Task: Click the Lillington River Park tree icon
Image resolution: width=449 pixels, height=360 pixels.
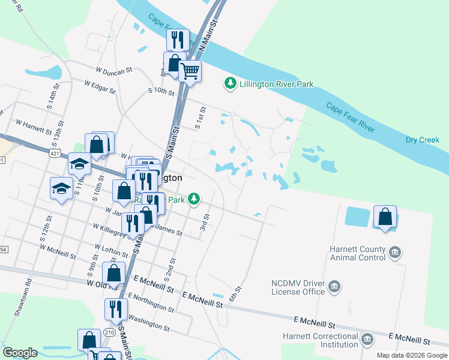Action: point(229,83)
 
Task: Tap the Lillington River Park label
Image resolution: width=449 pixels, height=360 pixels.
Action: point(276,85)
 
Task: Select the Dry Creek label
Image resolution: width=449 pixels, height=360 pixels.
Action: point(422,140)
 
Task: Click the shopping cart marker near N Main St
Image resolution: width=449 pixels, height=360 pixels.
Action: point(190,71)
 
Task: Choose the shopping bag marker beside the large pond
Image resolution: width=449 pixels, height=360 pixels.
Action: point(385,217)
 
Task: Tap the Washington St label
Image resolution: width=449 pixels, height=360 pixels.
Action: point(148,323)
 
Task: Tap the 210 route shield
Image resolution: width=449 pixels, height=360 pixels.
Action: point(109,332)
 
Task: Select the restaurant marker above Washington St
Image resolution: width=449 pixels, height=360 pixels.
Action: point(115,309)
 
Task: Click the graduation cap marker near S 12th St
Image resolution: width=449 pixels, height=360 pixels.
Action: point(61,189)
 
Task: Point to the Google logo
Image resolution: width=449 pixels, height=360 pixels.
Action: point(20,353)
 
